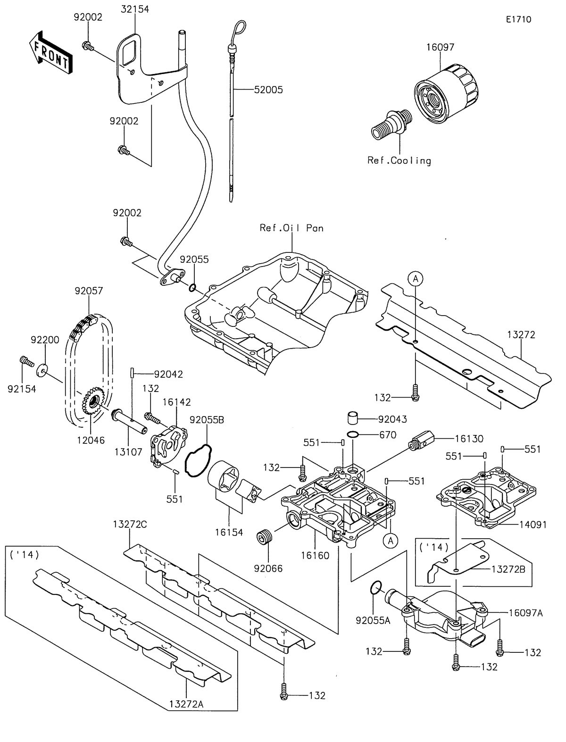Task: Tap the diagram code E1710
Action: [x=518, y=19]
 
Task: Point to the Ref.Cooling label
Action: [x=399, y=160]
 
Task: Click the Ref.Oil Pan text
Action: [x=291, y=228]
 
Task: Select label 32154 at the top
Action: [x=134, y=9]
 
